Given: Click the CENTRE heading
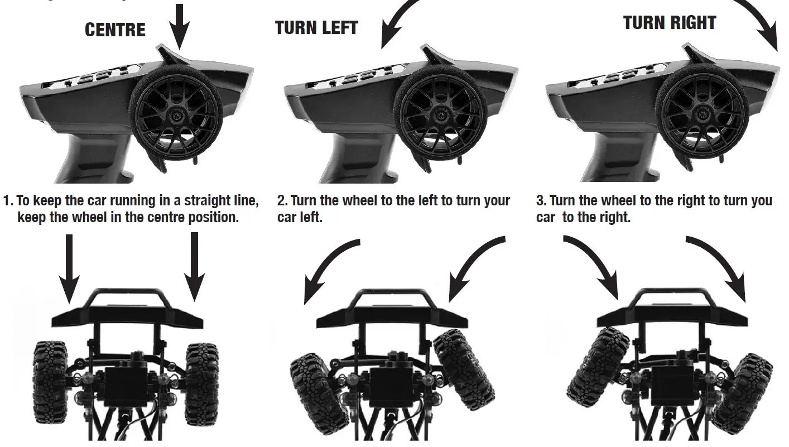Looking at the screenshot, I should [115, 30].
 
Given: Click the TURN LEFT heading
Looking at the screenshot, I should [316, 28].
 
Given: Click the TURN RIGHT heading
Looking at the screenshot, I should [669, 23].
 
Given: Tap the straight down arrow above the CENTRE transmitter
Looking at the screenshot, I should [180, 25].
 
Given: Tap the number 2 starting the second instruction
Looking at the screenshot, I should [281, 201].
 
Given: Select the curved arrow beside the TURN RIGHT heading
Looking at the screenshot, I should [759, 20].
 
